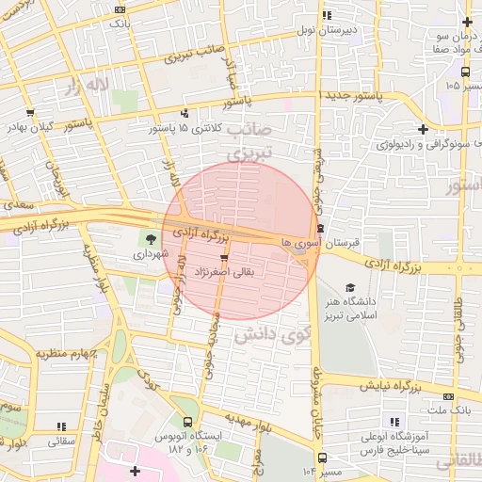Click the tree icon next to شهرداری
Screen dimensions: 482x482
click(x=150, y=238)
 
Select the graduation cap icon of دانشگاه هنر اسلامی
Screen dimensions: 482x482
click(x=351, y=288)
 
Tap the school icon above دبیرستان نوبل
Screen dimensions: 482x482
click(x=327, y=15)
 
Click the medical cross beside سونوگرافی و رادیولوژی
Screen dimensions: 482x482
click(x=423, y=130)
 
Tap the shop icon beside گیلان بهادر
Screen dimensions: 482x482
click(x=31, y=113)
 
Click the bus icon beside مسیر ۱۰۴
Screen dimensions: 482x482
click(x=323, y=458)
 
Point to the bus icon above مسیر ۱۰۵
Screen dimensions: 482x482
click(x=465, y=72)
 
